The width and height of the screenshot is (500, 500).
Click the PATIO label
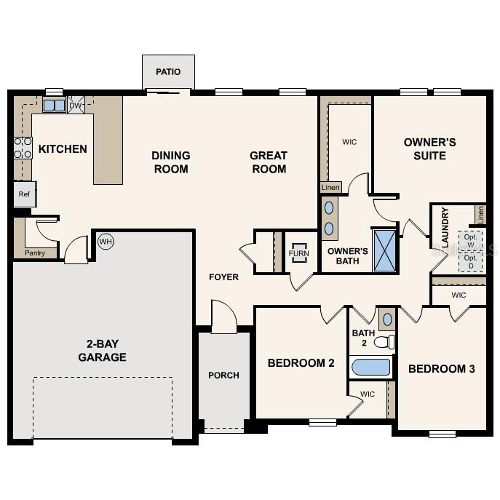(x=168, y=72)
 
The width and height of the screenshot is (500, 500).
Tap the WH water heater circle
(x=106, y=241)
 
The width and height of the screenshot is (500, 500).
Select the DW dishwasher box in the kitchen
(x=76, y=106)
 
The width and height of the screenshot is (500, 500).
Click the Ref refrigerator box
(x=24, y=194)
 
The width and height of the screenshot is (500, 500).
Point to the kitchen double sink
(x=54, y=106)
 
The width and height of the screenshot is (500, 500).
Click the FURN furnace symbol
(x=299, y=253)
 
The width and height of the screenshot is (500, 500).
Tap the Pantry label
(x=35, y=253)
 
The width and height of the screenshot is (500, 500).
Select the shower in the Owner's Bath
(x=384, y=250)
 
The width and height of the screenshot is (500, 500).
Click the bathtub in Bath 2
(x=371, y=366)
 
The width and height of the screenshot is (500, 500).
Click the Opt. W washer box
(x=470, y=240)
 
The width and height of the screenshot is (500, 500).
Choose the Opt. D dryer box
(x=470, y=261)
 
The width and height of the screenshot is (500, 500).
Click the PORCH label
(x=223, y=375)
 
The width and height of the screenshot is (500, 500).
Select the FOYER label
(x=223, y=277)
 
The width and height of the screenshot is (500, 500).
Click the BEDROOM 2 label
(x=301, y=362)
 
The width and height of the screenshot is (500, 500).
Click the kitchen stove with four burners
(x=23, y=148)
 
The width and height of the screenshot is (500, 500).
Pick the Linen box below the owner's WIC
(x=330, y=188)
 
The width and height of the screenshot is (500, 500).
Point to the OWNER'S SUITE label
(x=429, y=148)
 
